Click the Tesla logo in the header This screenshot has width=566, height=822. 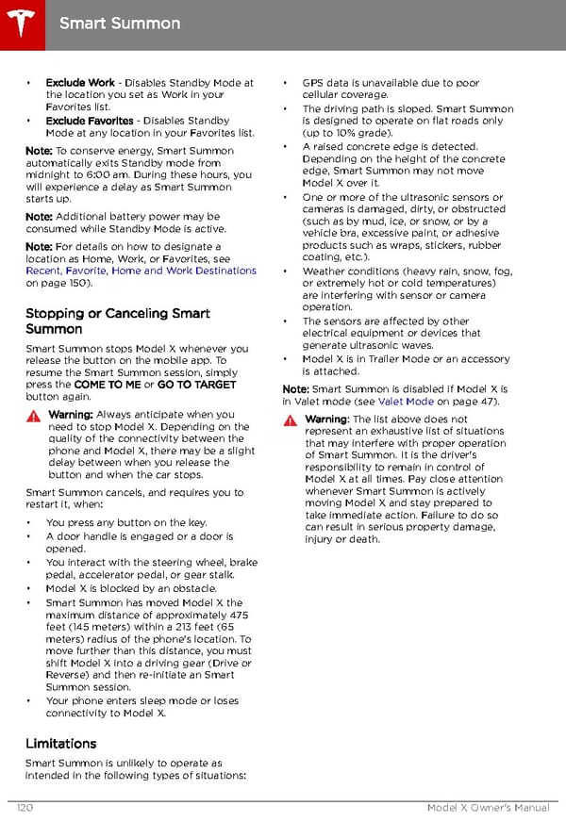(20, 20)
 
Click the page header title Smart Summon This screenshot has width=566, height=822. (119, 22)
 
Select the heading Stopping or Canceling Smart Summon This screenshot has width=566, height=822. (118, 321)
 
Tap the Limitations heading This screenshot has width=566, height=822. (60, 744)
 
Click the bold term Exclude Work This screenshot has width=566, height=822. (80, 83)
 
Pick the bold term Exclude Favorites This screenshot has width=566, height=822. (91, 121)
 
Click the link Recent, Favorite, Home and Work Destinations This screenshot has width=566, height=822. (141, 271)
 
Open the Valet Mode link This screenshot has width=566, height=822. (406, 402)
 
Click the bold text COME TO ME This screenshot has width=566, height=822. (107, 385)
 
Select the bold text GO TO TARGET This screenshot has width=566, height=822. (197, 385)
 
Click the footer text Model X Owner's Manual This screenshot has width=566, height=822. (487, 809)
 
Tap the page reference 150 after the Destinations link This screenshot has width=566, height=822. (75, 283)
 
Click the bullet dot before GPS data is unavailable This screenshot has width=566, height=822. (286, 83)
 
